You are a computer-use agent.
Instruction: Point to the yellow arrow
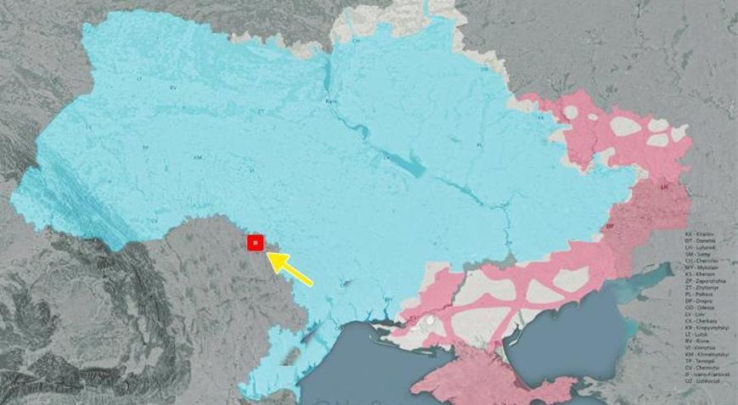[x=290, y=268]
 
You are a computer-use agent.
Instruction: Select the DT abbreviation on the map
[x=610, y=227]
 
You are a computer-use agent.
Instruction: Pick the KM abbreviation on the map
[x=198, y=157]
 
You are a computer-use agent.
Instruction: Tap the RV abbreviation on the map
[x=173, y=87]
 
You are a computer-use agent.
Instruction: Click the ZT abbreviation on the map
[x=262, y=110]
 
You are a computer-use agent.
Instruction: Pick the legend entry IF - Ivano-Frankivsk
[x=708, y=375]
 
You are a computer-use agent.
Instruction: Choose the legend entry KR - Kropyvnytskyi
[x=708, y=327]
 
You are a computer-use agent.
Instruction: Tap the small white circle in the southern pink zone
[x=431, y=321]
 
